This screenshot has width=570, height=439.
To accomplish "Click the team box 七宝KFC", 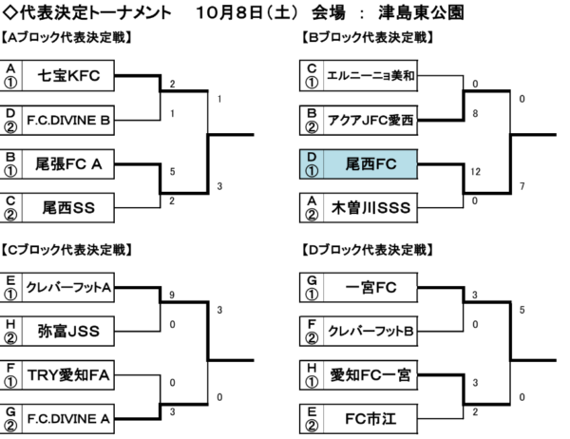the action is (68, 76).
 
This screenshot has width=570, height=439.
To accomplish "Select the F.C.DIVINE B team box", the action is (68, 121).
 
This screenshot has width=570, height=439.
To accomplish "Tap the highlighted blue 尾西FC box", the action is (358, 164).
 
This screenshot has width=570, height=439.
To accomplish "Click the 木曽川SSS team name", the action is (370, 208).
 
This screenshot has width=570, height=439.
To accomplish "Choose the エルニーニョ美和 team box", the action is (370, 76).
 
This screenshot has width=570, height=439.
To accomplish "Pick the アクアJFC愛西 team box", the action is (370, 121).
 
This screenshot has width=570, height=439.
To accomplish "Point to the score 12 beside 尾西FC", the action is (476, 171).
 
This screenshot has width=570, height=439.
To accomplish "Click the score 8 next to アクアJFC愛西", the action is (475, 113).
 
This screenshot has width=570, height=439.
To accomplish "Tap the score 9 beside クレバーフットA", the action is (172, 295).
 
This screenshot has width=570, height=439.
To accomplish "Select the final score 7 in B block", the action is (522, 186).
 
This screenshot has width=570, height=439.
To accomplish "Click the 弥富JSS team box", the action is (68, 332).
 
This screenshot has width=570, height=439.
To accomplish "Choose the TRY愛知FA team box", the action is (68, 375).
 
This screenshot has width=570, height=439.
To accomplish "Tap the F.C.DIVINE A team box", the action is (68, 419).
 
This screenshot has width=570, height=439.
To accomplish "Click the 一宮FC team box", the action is (370, 287).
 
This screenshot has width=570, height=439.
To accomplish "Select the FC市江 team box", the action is (370, 419).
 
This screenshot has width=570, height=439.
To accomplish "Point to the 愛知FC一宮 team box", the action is (370, 375).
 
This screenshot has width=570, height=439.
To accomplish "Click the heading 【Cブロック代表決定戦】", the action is (66, 250).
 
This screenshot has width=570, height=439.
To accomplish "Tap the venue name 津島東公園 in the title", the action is (421, 12).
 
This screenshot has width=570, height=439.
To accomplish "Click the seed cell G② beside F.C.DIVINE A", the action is (10, 419).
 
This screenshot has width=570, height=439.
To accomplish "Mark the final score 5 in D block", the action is (522, 310).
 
